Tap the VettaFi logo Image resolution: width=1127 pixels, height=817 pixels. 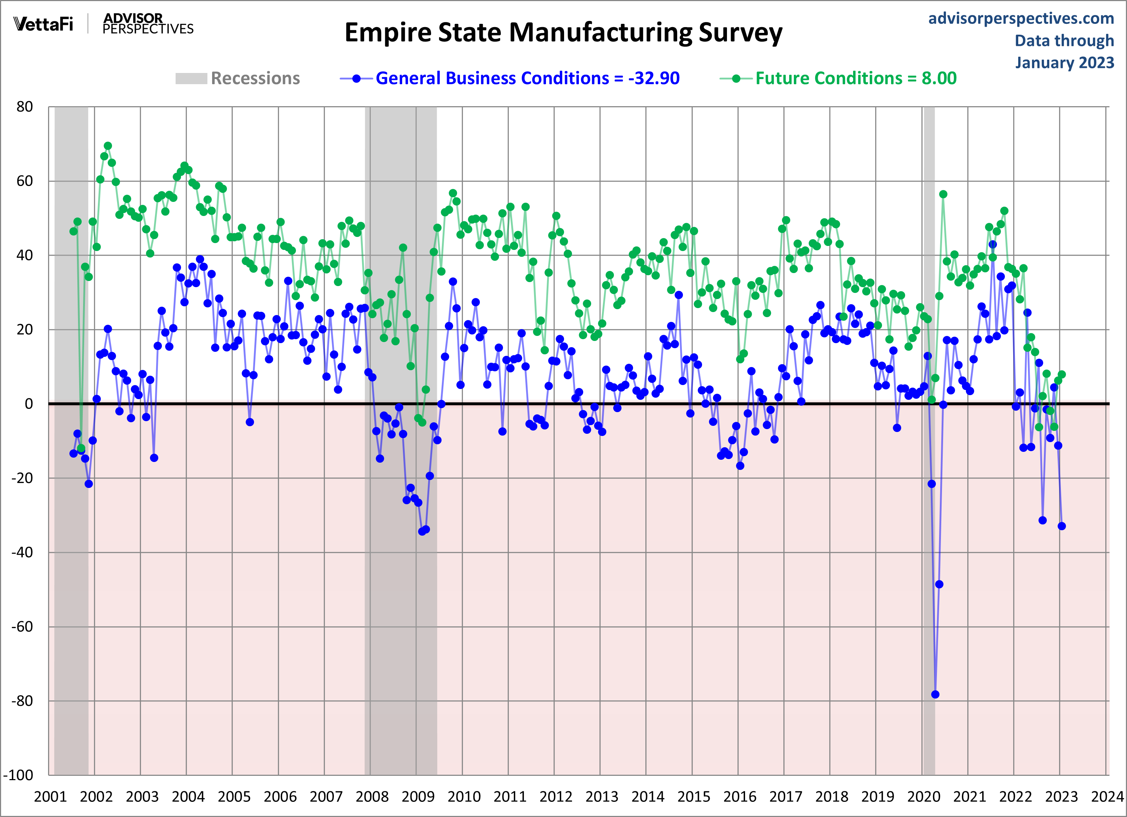[x=43, y=24]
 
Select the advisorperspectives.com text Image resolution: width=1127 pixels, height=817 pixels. [x=1021, y=18]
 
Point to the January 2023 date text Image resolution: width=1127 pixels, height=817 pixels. [x=1064, y=62]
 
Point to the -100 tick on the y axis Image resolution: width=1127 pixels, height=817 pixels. [x=18, y=775]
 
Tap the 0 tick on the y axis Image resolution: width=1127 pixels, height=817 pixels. [x=29, y=404]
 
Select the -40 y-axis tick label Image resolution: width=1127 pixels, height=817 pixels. [x=22, y=552]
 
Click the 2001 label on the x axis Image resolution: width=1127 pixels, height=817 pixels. [x=50, y=797]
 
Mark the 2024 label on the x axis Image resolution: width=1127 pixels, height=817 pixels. [x=1107, y=797]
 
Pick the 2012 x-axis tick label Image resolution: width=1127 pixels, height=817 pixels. [x=556, y=797]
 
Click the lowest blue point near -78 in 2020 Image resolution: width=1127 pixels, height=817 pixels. [x=935, y=694]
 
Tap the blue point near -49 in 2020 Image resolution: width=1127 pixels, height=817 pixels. [x=939, y=584]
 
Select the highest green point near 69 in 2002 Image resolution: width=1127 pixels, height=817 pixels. [x=108, y=146]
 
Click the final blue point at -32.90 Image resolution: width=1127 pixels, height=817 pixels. [x=1061, y=526]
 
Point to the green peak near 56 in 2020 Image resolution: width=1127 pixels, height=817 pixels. [x=943, y=194]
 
